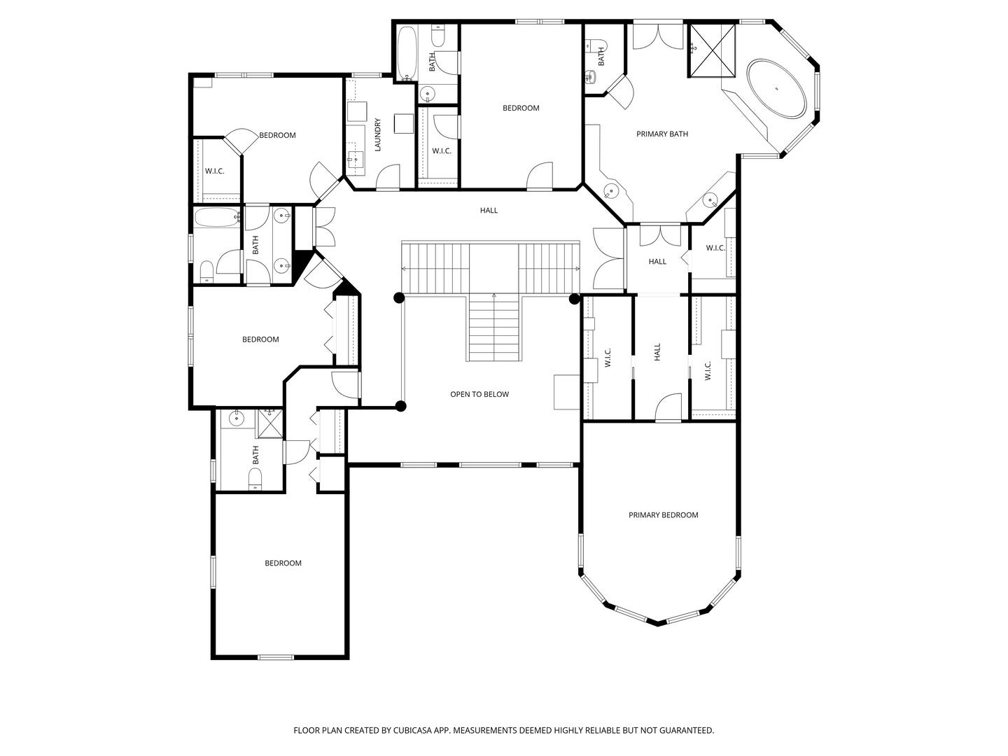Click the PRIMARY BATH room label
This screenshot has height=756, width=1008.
[661, 134]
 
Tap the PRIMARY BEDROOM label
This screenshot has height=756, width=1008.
[663, 515]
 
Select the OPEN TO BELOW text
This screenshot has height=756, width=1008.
[479, 394]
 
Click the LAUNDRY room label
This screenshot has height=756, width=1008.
[378, 134]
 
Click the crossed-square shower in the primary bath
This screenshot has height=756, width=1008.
[711, 50]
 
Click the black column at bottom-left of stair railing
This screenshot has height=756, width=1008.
[401, 406]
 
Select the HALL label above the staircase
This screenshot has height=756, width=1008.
[489, 210]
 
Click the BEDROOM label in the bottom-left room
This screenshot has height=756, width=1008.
[283, 563]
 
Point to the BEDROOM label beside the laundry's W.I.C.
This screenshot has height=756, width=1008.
[521, 108]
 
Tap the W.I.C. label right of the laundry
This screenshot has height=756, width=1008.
[441, 150]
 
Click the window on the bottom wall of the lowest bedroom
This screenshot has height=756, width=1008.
[276, 657]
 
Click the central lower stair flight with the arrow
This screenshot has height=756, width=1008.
[494, 329]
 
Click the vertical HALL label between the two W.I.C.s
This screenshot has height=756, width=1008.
[657, 352]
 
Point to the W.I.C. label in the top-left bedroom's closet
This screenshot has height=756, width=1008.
[214, 171]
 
